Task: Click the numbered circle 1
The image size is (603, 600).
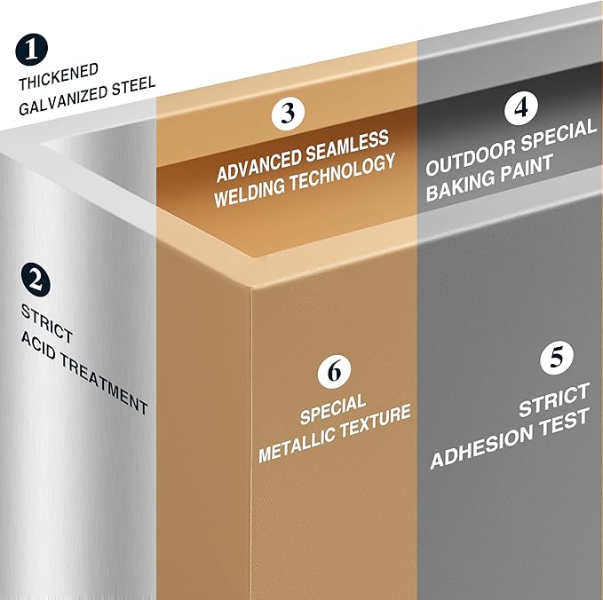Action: (x=32, y=50)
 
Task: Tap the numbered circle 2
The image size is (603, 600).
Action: (x=36, y=280)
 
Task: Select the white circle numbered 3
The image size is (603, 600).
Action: (x=288, y=113)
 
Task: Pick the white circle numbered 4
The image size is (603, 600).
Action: (x=521, y=108)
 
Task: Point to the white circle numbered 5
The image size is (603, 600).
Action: (x=557, y=357)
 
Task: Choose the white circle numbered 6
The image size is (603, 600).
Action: (x=334, y=371)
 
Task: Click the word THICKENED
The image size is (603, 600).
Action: (x=59, y=77)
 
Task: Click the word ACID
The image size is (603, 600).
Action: (x=38, y=346)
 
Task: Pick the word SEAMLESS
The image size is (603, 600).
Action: (x=347, y=144)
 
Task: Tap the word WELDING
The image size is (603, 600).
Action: (x=250, y=192)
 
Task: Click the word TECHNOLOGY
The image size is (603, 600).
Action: (x=342, y=172)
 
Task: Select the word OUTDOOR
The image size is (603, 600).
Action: (x=470, y=158)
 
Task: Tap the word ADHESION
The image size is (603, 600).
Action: (x=480, y=448)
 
